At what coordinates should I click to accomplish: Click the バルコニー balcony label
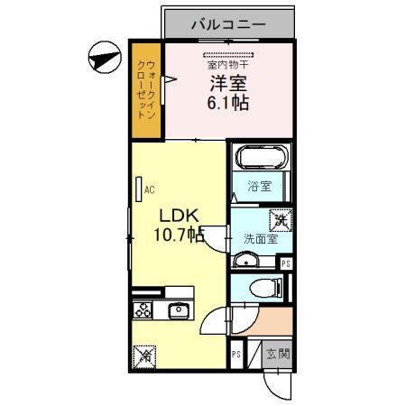click(x=227, y=23)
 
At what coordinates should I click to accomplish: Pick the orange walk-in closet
click(x=146, y=90)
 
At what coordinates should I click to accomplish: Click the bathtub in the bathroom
click(x=261, y=160)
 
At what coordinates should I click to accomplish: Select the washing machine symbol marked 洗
click(x=280, y=218)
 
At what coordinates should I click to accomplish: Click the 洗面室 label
click(x=259, y=239)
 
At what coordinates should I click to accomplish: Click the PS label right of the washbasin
click(x=286, y=263)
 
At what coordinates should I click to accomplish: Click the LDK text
click(x=180, y=217)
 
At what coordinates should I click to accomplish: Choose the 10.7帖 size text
click(x=180, y=236)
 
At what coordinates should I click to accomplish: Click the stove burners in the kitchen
click(x=143, y=311)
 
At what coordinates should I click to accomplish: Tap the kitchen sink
click(x=178, y=311)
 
